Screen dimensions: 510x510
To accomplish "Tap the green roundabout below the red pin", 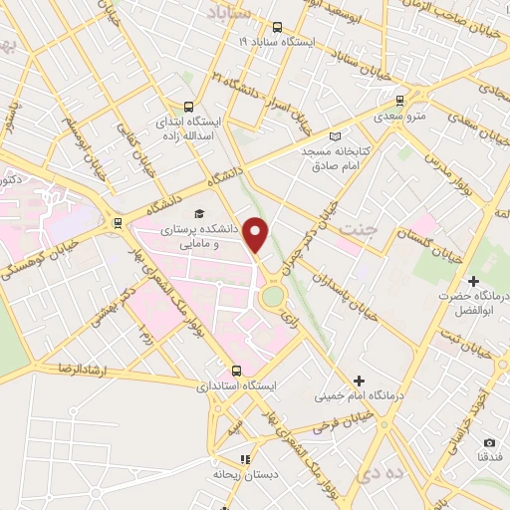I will [272, 297].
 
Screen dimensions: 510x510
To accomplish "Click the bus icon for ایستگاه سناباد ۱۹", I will [276, 28].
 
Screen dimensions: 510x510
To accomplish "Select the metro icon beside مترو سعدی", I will [399, 100].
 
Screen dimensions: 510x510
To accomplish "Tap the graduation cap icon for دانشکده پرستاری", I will [198, 212].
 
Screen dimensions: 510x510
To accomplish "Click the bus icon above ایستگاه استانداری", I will [236, 370].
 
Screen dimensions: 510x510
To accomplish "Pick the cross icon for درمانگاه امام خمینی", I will [359, 381].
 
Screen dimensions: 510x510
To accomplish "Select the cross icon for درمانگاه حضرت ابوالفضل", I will [473, 282].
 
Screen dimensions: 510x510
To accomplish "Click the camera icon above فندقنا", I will [489, 442].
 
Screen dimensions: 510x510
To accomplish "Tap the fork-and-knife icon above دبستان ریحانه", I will [243, 459].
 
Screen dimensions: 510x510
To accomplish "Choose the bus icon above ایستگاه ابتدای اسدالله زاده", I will [188, 108].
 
